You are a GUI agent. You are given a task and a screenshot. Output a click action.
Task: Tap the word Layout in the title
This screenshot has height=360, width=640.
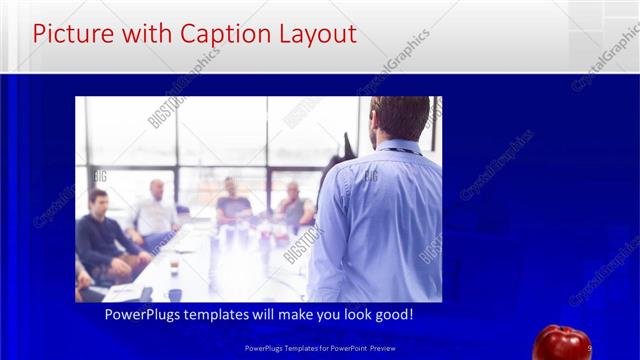[313, 34]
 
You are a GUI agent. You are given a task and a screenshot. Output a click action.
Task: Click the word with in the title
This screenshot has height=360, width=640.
[143, 34]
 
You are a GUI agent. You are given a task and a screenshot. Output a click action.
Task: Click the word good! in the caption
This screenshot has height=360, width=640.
[391, 314]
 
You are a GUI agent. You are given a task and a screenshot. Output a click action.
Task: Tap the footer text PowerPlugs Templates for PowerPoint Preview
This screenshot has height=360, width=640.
[319, 348]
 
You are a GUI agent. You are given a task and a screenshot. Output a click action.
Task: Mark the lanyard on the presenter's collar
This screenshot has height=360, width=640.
[395, 151]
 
